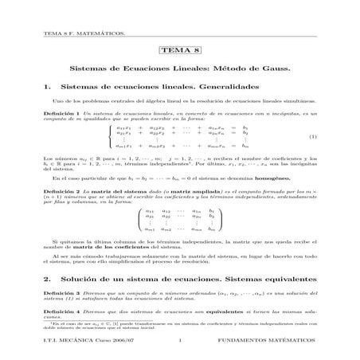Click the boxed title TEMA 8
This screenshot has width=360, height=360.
coord(180,50)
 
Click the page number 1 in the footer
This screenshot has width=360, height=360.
coord(181,343)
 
